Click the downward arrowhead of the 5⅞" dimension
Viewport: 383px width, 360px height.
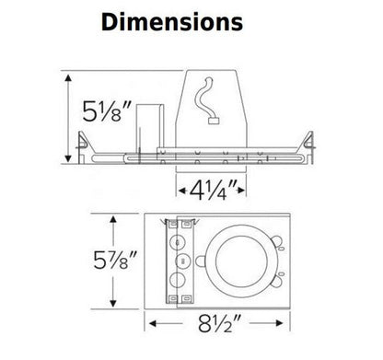click(x=114, y=308)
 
